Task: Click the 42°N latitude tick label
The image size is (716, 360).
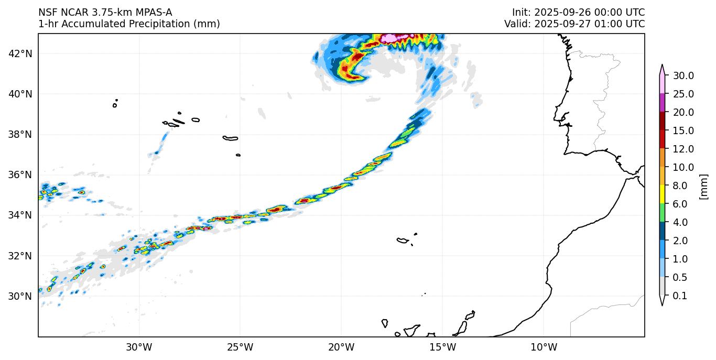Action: tap(20, 53)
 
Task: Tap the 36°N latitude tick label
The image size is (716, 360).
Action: tap(20, 174)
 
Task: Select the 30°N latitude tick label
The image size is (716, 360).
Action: tap(20, 296)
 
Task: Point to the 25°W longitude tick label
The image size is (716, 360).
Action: tap(240, 347)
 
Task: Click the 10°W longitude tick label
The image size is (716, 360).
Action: tap(544, 347)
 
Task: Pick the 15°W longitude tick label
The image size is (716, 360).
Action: tap(442, 347)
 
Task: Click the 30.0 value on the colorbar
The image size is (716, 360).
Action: tap(684, 75)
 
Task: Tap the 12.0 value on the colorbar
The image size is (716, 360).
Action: tap(684, 149)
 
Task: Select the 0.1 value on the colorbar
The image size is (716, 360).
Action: tap(680, 296)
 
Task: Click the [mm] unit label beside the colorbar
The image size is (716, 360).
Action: tap(703, 187)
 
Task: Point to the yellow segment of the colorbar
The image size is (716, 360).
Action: tap(662, 194)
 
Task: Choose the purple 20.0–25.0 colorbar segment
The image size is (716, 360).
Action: tap(662, 103)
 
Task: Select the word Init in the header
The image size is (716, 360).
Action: tap(520, 13)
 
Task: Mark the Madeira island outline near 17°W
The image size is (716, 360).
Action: tap(403, 241)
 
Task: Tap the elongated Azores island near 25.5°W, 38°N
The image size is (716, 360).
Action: tap(231, 139)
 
